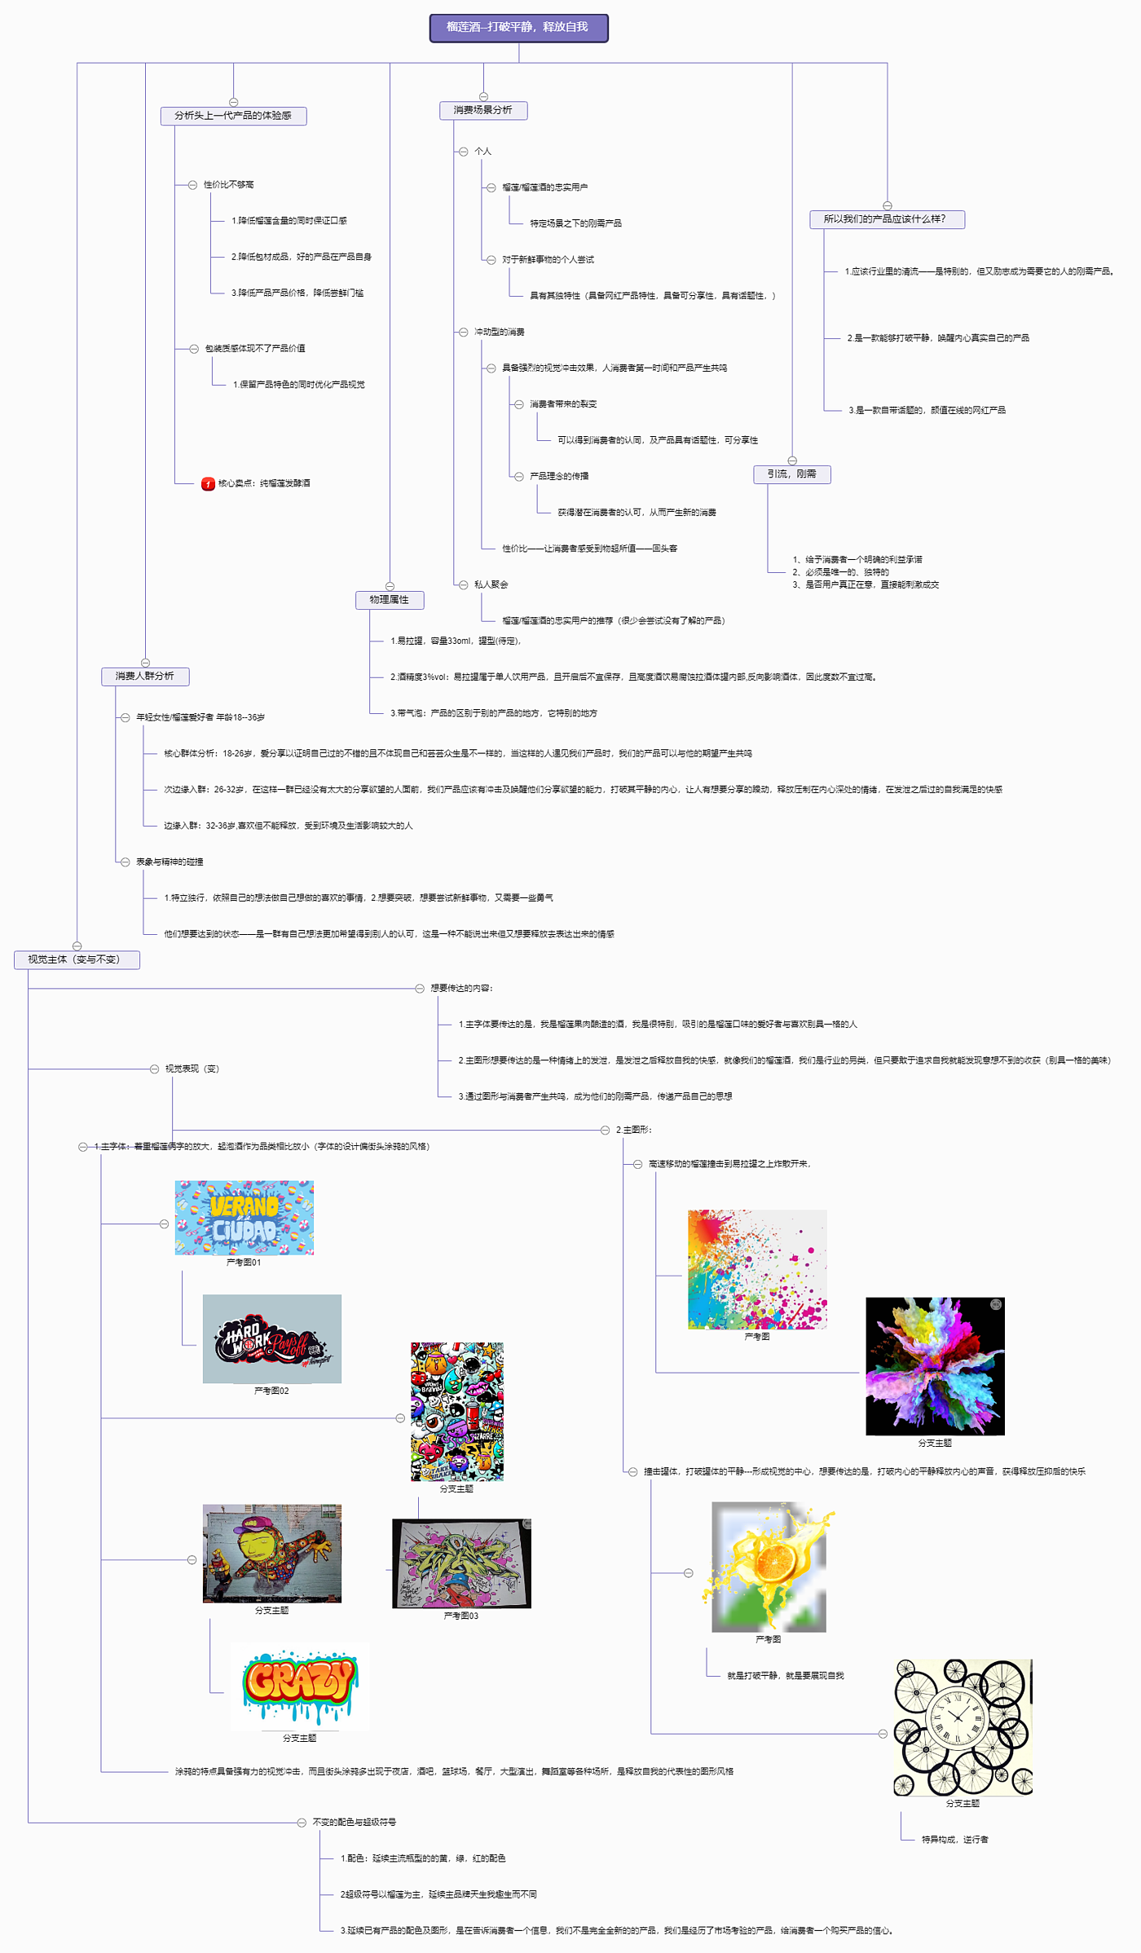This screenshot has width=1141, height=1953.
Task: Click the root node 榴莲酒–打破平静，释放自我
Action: pos(518,28)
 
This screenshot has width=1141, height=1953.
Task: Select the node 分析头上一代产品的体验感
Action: pos(233,116)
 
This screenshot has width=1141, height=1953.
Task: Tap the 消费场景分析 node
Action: pos(483,110)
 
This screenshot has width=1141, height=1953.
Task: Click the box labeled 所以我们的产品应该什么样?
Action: pos(886,219)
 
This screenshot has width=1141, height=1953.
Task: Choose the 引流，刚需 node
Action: pos(791,474)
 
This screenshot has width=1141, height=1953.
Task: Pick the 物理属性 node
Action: pos(390,600)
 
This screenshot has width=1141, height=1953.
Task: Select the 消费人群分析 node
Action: pos(145,677)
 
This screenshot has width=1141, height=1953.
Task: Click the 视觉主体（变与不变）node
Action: pos(76,960)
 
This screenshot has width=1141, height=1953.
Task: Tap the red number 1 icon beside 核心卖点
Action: pos(208,484)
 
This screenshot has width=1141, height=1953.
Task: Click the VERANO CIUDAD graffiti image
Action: pos(244,1218)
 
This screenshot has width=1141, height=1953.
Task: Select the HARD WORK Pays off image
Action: pos(271,1338)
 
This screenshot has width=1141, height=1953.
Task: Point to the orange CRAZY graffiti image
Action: pos(299,1684)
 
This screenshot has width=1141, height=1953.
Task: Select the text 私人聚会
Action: pos(491,585)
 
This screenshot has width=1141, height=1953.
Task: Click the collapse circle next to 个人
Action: pos(463,152)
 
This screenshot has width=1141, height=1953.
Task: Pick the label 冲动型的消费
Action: pos(499,333)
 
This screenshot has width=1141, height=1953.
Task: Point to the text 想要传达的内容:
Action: pos(461,989)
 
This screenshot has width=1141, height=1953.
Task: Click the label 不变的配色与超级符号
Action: pos(354,1823)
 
